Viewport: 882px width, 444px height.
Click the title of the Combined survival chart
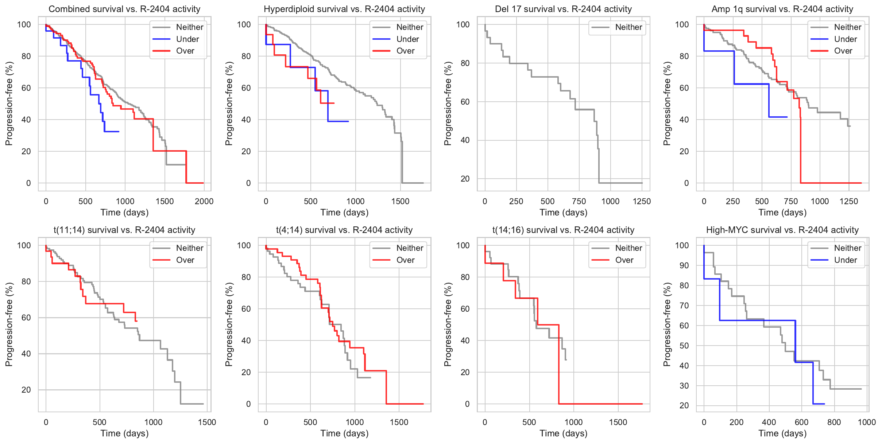click(x=124, y=9)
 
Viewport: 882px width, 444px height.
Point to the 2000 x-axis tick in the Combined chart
click(x=204, y=201)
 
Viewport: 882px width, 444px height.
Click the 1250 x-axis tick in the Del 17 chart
click(x=642, y=201)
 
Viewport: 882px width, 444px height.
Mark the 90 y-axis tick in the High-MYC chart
click(x=684, y=265)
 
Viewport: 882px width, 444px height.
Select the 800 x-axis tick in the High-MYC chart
click(x=834, y=422)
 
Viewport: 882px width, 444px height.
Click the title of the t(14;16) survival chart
click(x=563, y=230)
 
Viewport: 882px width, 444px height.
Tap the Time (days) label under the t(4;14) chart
click(x=344, y=433)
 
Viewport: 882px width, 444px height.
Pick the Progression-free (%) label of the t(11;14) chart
click(x=9, y=324)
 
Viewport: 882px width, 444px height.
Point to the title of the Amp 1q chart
click(x=782, y=9)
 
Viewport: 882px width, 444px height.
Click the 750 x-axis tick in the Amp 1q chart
click(x=791, y=201)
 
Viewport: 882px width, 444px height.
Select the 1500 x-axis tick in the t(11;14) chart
click(x=207, y=422)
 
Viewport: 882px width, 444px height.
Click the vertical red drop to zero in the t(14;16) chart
click(x=558, y=365)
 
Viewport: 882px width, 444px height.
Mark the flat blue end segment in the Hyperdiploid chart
click(x=338, y=121)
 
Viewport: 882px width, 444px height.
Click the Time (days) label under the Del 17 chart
click(x=563, y=213)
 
